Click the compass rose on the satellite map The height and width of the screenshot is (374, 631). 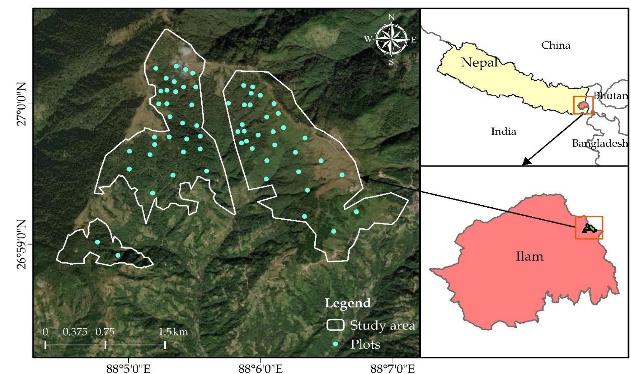click(391, 40)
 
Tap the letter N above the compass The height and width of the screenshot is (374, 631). click(391, 17)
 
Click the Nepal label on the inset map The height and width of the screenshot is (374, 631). click(479, 62)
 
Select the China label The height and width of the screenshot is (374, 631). click(555, 45)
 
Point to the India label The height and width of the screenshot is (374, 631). click(503, 131)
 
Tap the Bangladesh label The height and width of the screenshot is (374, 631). click(599, 143)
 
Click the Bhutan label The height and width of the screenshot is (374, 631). click(610, 96)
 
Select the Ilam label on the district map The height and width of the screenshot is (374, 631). click(529, 257)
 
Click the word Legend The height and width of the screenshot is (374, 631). click(348, 303)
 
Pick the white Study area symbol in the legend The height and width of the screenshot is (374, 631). click(335, 325)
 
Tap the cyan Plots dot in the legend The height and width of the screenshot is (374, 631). click(336, 344)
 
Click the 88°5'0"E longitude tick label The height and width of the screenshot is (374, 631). click(129, 369)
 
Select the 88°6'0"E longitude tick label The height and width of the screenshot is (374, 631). click(261, 369)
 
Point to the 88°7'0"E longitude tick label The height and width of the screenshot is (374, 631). click(392, 369)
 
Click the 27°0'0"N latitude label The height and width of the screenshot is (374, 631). click(21, 104)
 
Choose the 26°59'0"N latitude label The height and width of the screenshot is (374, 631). click(21, 244)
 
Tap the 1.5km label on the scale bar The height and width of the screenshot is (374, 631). click(173, 332)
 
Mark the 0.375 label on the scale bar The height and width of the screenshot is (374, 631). click(75, 332)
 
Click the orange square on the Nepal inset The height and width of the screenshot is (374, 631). click(583, 105)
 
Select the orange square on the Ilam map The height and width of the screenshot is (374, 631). click(589, 228)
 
